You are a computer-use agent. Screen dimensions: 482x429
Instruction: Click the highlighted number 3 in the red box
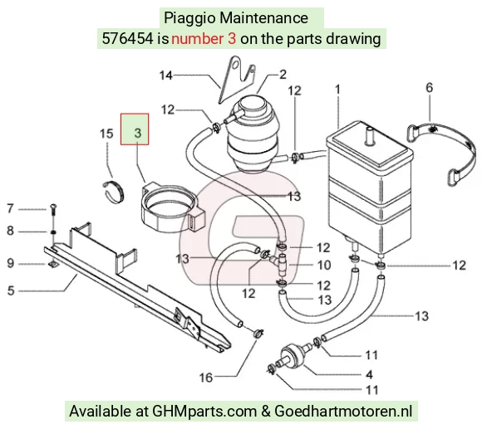[x=138, y=133]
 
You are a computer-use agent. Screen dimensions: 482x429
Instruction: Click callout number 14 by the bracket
[x=166, y=76]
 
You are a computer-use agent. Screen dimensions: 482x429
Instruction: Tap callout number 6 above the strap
[x=429, y=87]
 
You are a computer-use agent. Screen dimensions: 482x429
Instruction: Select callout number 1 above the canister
[x=337, y=90]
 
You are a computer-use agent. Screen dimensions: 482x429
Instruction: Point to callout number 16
[x=205, y=378]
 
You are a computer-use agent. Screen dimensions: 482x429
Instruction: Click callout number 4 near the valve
[x=369, y=374]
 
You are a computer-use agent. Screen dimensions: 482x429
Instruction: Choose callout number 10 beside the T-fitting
[x=324, y=266]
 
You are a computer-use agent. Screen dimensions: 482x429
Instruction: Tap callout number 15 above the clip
[x=106, y=134]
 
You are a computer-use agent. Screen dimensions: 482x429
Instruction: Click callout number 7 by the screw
[x=11, y=208]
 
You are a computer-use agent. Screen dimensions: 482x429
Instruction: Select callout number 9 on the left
[x=11, y=263]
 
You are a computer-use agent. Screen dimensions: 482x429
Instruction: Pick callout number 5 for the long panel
[x=11, y=290]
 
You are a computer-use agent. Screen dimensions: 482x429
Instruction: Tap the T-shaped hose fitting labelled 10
[x=278, y=263]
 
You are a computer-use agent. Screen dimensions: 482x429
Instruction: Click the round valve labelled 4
[x=291, y=354]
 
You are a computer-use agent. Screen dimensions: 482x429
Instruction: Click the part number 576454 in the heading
[x=127, y=39]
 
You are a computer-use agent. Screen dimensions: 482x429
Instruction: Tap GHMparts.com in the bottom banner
[x=204, y=412]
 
